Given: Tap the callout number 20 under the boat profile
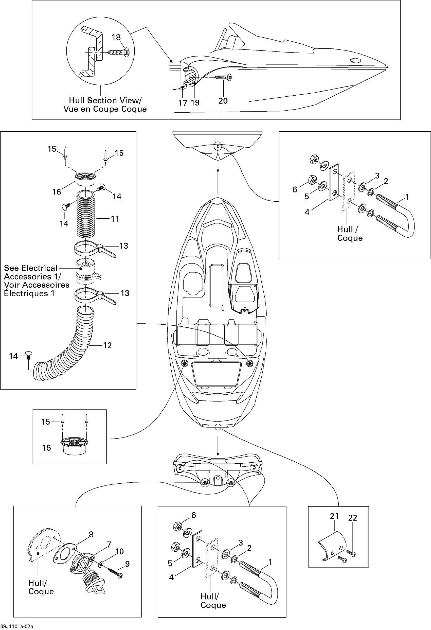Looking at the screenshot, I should [x=223, y=101].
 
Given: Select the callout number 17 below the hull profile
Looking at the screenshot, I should [x=183, y=103].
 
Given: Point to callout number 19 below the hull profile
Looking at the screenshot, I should [x=195, y=102].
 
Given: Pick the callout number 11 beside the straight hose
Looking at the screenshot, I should [x=115, y=219].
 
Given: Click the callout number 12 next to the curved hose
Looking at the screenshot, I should [x=107, y=345].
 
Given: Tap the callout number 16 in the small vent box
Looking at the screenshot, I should [x=46, y=448].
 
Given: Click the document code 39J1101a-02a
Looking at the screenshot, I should [x=16, y=626].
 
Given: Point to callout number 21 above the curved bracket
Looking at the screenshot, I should [x=334, y=516].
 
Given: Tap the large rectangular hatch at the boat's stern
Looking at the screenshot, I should [x=216, y=373].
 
